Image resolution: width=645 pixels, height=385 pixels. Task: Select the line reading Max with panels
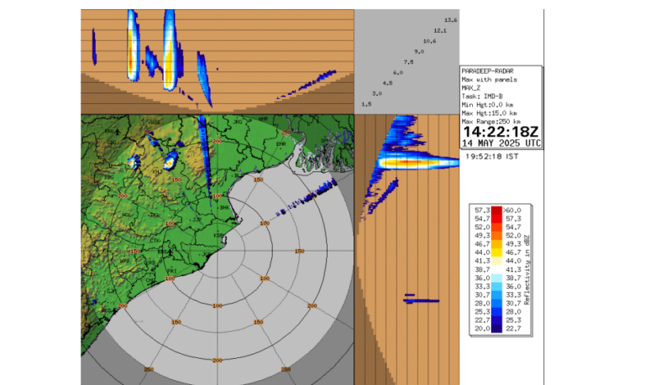490,81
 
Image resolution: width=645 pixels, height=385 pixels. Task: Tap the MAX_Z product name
474,88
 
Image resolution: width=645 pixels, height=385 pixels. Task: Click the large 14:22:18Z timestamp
501,133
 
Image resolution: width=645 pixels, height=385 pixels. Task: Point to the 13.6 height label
451,20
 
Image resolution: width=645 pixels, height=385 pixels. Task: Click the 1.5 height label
366,104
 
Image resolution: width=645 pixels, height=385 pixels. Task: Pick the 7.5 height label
408,62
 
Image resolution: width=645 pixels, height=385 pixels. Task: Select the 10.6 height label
429,41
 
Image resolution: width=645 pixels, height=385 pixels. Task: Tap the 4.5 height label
387,83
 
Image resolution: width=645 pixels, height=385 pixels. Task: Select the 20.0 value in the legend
481,330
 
